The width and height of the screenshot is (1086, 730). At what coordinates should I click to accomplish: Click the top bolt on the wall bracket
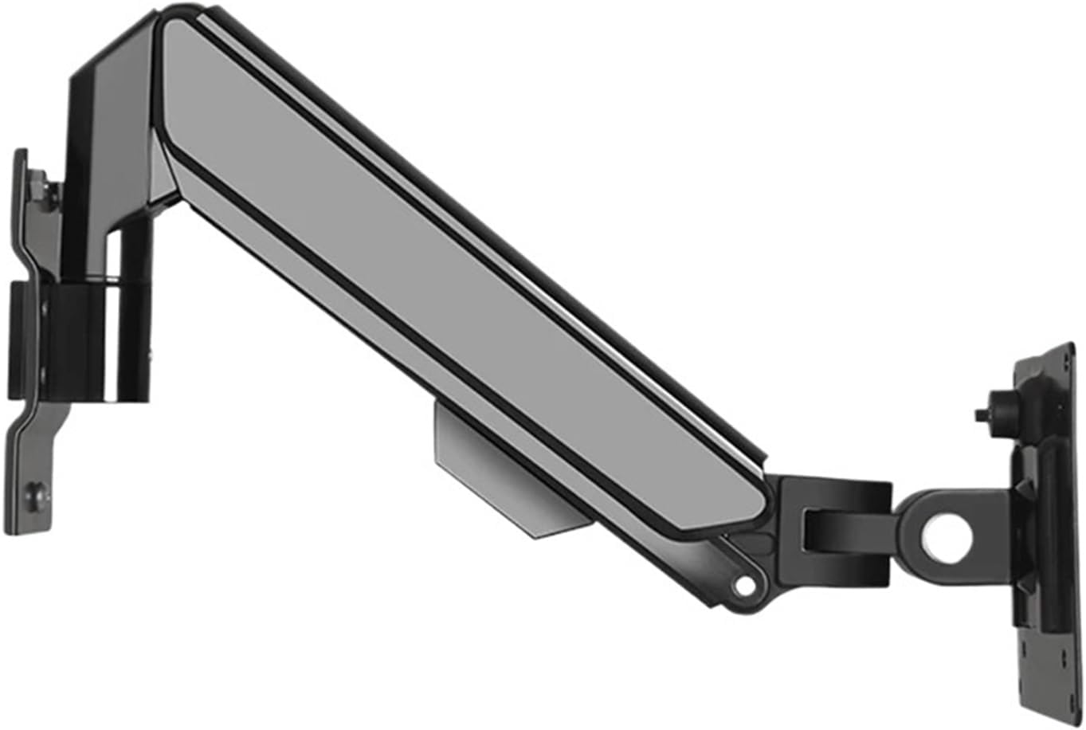46,194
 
